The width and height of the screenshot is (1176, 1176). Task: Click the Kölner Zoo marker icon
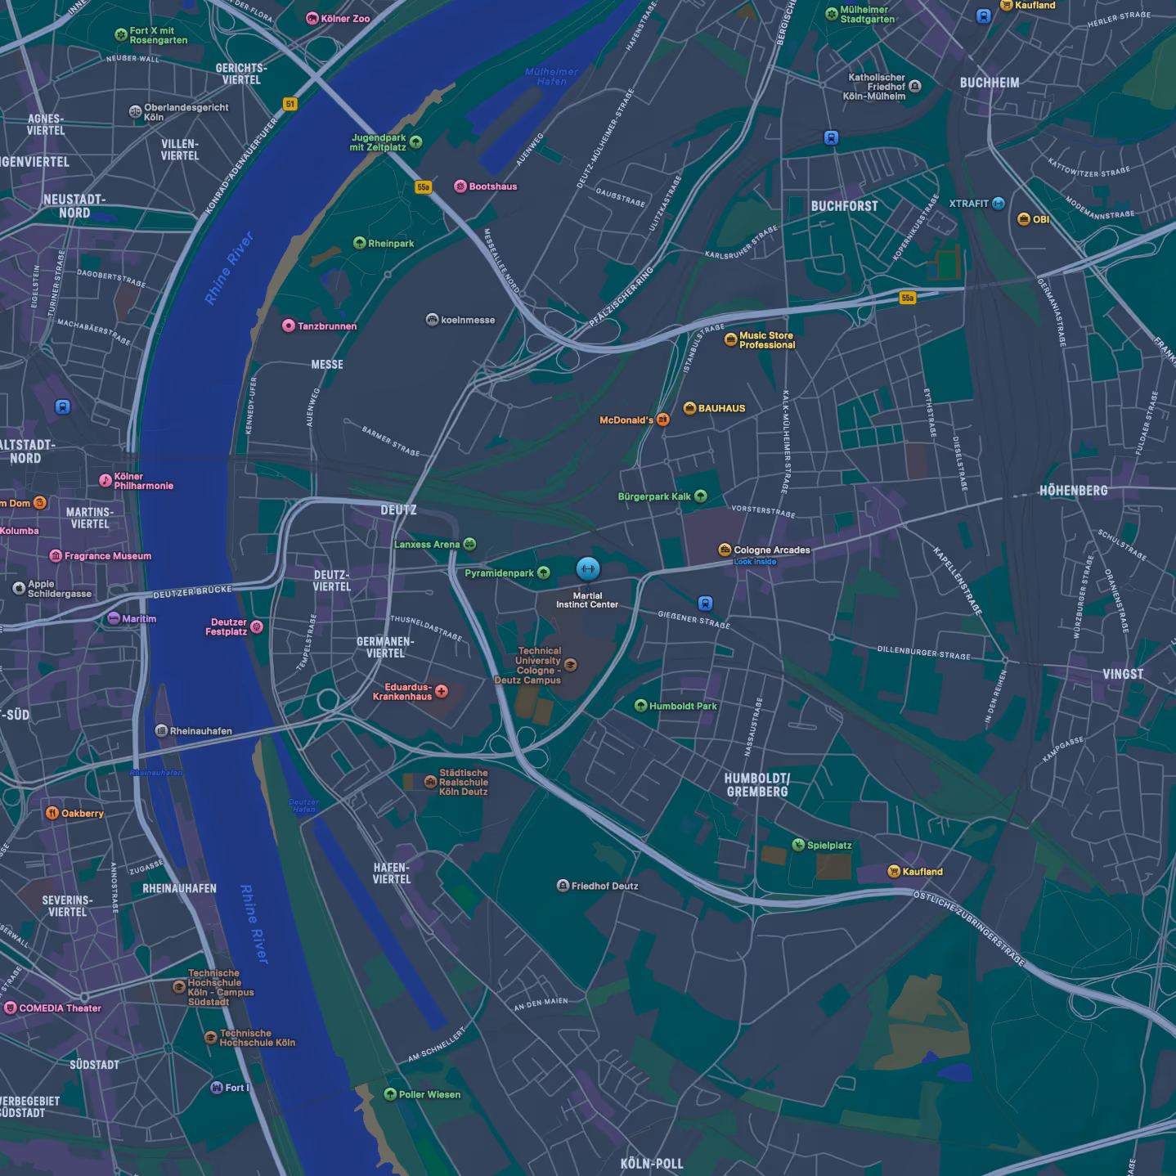point(312,18)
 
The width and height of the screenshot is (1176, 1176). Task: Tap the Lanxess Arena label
point(427,545)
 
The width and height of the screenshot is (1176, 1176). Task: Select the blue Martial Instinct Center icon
point(588,568)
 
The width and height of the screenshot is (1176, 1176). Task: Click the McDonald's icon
point(663,420)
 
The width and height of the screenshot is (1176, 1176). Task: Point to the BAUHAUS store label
point(721,408)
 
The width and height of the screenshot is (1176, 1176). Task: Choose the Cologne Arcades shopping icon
point(725,550)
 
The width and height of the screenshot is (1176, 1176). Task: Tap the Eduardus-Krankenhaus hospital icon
point(442,691)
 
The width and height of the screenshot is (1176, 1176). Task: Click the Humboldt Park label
point(683,706)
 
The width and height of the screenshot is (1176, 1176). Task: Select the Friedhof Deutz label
point(604,886)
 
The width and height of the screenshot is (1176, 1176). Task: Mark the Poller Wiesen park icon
point(390,1094)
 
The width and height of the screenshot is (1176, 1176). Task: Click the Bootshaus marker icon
point(460,186)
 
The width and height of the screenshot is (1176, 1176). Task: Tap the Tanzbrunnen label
point(327,325)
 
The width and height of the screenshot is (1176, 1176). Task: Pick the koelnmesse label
point(468,320)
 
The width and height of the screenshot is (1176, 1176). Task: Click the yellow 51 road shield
point(290,104)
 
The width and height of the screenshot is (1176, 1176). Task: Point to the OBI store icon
point(1023,218)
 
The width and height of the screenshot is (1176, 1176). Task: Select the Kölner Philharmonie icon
point(105,480)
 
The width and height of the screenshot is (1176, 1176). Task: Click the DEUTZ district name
point(398,509)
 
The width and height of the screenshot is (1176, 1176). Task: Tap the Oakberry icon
point(52,813)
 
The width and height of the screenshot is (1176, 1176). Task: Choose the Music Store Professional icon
point(730,339)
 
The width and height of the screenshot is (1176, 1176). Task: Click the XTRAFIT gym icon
point(999,204)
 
